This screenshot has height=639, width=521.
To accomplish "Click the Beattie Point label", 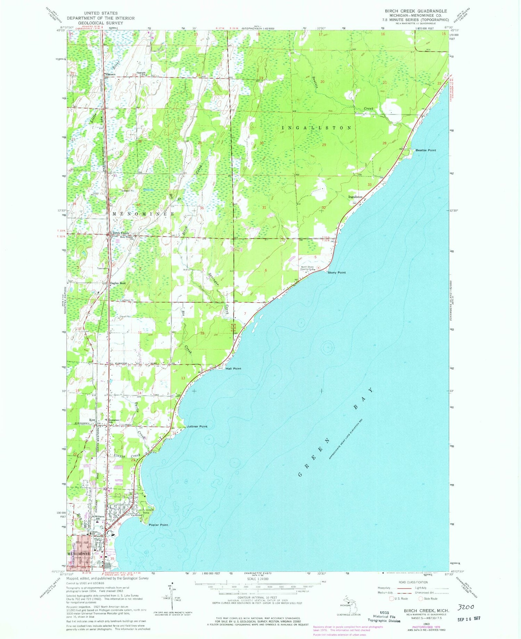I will tap(426, 150).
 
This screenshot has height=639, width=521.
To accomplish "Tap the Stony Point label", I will tap(337, 273).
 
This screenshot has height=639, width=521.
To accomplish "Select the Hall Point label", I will tap(233, 368).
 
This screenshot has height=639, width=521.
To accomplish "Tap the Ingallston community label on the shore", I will tap(355, 197).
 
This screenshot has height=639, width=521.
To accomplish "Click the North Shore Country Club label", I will tap(307, 268).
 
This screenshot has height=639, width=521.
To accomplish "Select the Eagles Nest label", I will tap(118, 283).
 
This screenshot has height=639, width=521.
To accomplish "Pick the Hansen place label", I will tap(111, 74).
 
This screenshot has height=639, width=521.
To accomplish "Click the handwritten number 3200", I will tap(466, 607).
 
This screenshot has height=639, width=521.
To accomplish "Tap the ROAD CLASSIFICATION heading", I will tap(413, 582).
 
